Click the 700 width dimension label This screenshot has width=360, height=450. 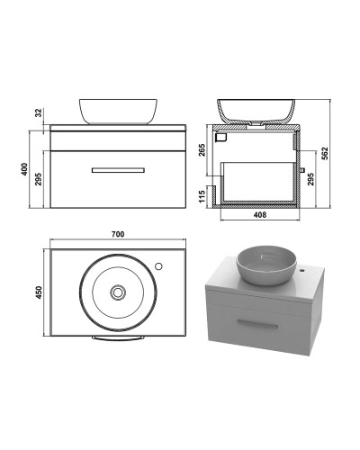(118, 234)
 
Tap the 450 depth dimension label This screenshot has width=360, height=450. (39, 292)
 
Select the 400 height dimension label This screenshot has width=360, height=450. (24, 169)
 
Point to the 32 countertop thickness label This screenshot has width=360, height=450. (39, 112)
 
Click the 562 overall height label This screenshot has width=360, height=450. (325, 153)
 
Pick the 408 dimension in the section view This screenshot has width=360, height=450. (260, 215)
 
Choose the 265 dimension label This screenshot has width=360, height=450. (202, 150)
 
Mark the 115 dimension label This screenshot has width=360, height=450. (202, 196)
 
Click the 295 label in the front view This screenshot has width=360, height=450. (39, 179)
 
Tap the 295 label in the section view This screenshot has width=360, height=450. (310, 179)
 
